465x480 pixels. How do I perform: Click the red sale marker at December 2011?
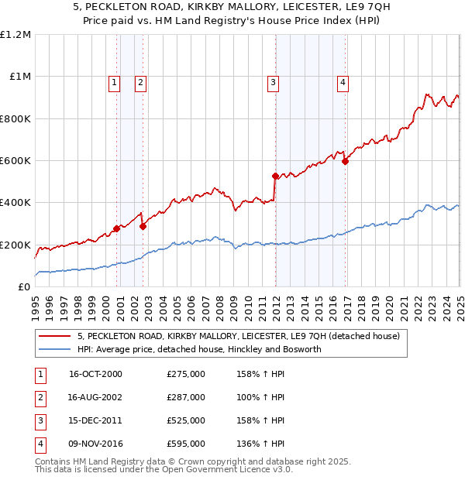[x=275, y=176]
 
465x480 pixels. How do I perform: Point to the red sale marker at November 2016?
[x=346, y=161]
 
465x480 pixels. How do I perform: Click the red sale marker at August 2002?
[x=143, y=226]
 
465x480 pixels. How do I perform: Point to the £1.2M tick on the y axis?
[x=15, y=35]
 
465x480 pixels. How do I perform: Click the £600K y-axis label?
[x=15, y=161]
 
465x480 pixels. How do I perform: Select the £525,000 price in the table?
[x=186, y=421]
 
